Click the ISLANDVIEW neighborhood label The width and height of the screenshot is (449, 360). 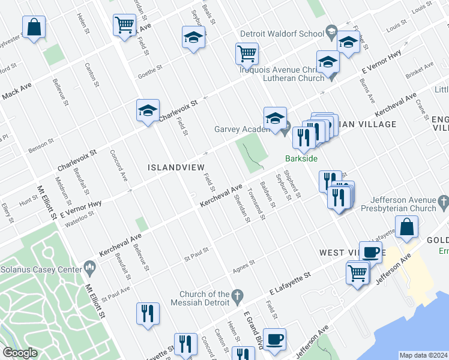coord(176,167)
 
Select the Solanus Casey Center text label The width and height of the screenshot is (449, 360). coord(40,269)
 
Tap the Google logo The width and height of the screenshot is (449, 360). coord(20,353)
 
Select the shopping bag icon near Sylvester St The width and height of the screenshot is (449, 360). coord(34,28)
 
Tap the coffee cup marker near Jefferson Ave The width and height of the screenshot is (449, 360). coord(274,340)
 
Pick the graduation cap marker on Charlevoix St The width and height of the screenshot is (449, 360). coord(148,111)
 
